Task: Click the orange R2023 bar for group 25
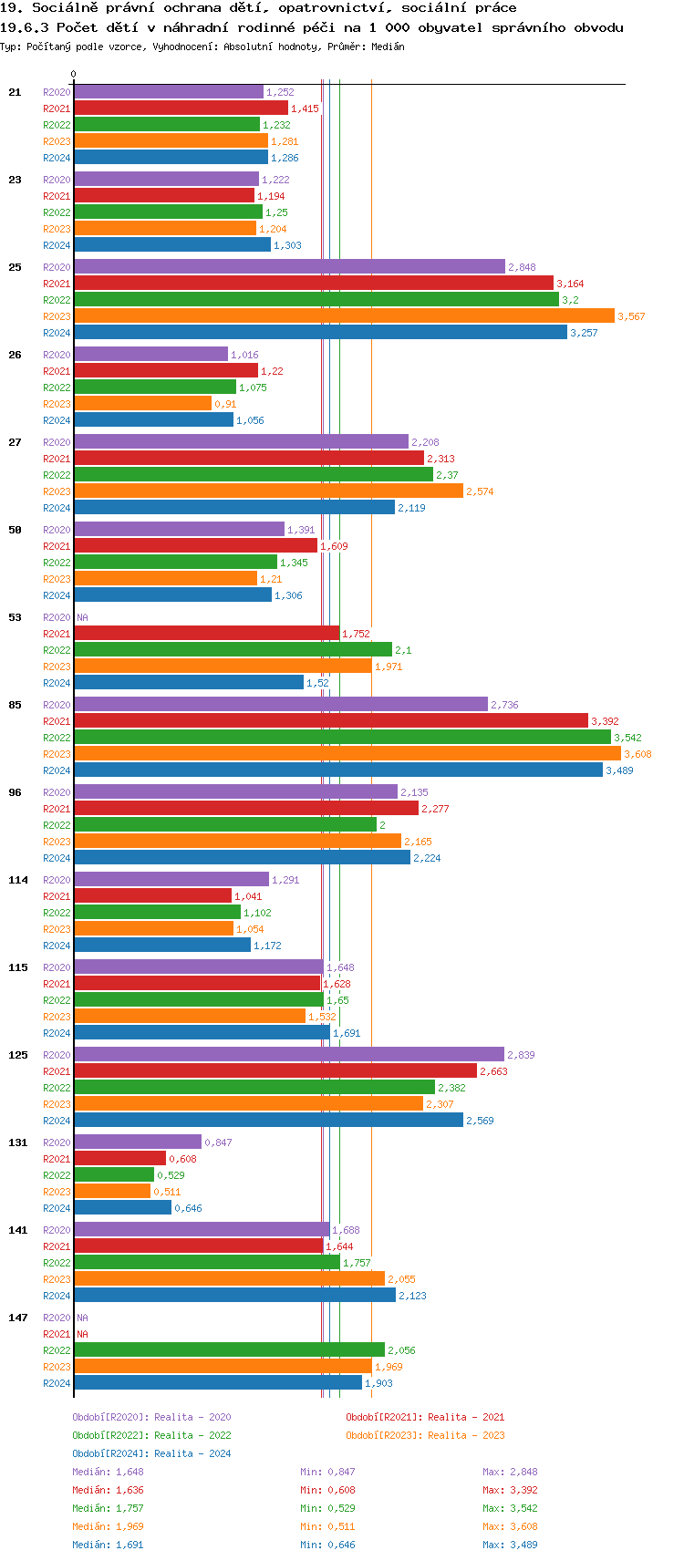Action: pyautogui.click(x=344, y=316)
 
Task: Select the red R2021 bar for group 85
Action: pyautogui.click(x=331, y=721)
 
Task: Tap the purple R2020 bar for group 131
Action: pyautogui.click(x=138, y=1142)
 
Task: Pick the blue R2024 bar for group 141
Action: pyautogui.click(x=235, y=1296)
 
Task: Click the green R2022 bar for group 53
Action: pyautogui.click(x=233, y=650)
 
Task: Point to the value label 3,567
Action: pyautogui.click(x=631, y=316)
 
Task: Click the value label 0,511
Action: pyautogui.click(x=167, y=1192)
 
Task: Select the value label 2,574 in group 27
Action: pyautogui.click(x=480, y=491)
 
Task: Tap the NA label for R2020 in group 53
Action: pyautogui.click(x=82, y=617)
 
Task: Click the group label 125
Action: pyautogui.click(x=18, y=1055)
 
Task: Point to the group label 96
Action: pyautogui.click(x=16, y=792)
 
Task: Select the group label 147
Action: pyautogui.click(x=18, y=1318)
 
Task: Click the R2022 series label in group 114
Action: pyautogui.click(x=57, y=913)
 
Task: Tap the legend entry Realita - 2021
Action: pyautogui.click(x=425, y=1417)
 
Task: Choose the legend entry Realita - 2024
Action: pyautogui.click(x=151, y=1453)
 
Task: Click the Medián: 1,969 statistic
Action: pyautogui.click(x=108, y=1526)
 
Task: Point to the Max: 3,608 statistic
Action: pyautogui.click(x=510, y=1526)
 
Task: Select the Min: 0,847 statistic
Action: pyautogui.click(x=327, y=1472)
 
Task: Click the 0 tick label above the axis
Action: pyautogui.click(x=74, y=74)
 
